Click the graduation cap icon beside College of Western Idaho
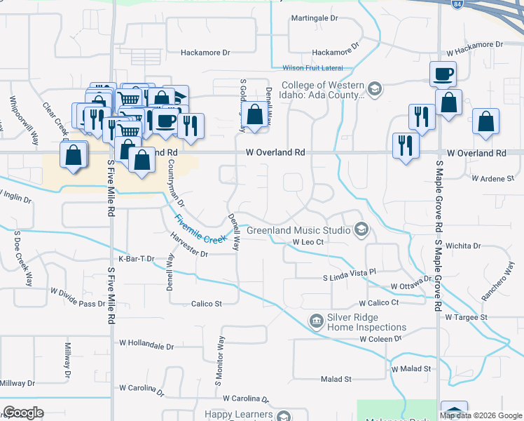pyautogui.click(x=375, y=88)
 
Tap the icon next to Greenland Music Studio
pyautogui.click(x=361, y=229)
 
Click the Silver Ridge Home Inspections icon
pyautogui.click(x=317, y=321)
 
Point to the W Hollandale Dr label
pyautogui.click(x=146, y=345)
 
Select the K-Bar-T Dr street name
pyautogui.click(x=136, y=259)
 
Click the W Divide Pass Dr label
pyautogui.click(x=77, y=303)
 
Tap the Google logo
pyautogui.click(x=23, y=413)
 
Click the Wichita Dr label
pyautogui.click(x=467, y=246)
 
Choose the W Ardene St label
pyautogui.click(x=493, y=179)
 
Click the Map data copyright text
pyautogui.click(x=481, y=415)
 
